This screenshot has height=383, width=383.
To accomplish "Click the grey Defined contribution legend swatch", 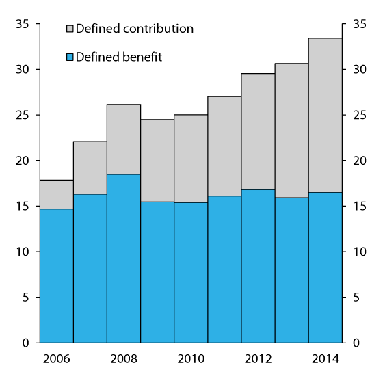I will tap(70, 29).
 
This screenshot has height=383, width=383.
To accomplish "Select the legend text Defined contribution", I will tap(135, 29).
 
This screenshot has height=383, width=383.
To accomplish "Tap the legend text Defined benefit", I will tap(119, 57).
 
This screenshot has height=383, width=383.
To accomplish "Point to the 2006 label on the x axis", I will tap(57, 358).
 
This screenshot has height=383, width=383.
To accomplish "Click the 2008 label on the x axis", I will tap(124, 358).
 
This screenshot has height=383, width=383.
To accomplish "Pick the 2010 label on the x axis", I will tap(191, 358).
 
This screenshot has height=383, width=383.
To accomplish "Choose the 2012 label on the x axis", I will tap(258, 358).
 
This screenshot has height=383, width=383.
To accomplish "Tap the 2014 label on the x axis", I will tap(325, 358).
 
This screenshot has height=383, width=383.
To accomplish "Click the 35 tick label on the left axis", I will tap(21, 24).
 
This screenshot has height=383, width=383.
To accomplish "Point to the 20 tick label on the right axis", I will tap(360, 161).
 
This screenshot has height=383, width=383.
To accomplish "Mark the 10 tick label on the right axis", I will tap(360, 252).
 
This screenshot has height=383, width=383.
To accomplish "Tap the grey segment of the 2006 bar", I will tap(57, 194).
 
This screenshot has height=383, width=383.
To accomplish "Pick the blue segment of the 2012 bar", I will tap(258, 266).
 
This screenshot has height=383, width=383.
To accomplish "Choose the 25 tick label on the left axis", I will tap(21, 115).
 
